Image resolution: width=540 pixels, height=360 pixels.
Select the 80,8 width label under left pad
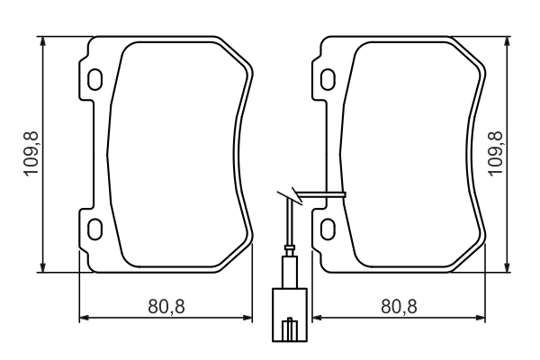pos(166,306)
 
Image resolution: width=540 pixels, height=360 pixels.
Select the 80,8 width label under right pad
pos(399,306)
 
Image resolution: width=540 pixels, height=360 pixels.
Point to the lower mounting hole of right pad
pos(328,225)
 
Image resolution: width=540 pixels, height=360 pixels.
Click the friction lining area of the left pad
pos(171,153)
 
